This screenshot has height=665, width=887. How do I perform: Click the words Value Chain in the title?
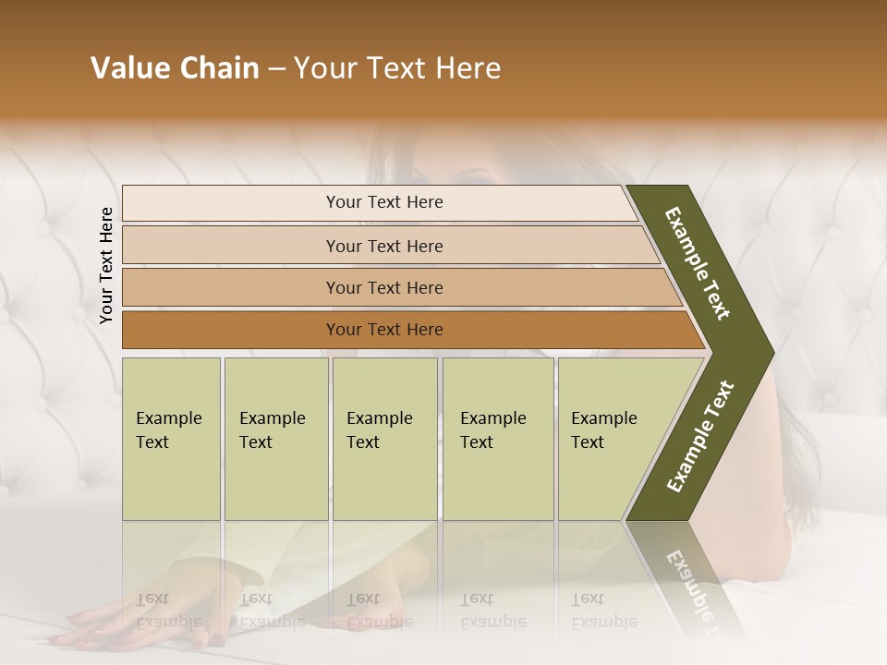click(x=175, y=68)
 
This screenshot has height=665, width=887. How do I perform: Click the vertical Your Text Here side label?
click(x=106, y=265)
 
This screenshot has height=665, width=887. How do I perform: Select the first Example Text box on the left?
click(x=171, y=439)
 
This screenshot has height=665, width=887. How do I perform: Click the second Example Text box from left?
click(x=275, y=439)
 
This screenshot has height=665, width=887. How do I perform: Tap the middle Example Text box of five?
click(x=384, y=439)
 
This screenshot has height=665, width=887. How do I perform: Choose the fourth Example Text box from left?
click(x=498, y=439)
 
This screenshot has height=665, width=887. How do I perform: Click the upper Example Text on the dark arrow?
click(x=698, y=263)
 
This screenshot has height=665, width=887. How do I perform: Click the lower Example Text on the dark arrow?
click(x=699, y=436)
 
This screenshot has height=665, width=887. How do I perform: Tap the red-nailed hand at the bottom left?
click(x=92, y=628)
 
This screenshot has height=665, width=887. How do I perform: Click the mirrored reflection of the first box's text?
click(x=168, y=611)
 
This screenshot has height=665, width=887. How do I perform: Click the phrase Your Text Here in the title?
click(x=397, y=68)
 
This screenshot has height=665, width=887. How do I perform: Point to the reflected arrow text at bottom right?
click(x=688, y=591)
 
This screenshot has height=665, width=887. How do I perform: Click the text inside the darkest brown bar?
click(x=384, y=330)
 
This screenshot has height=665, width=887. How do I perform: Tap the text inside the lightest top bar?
click(x=384, y=202)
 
